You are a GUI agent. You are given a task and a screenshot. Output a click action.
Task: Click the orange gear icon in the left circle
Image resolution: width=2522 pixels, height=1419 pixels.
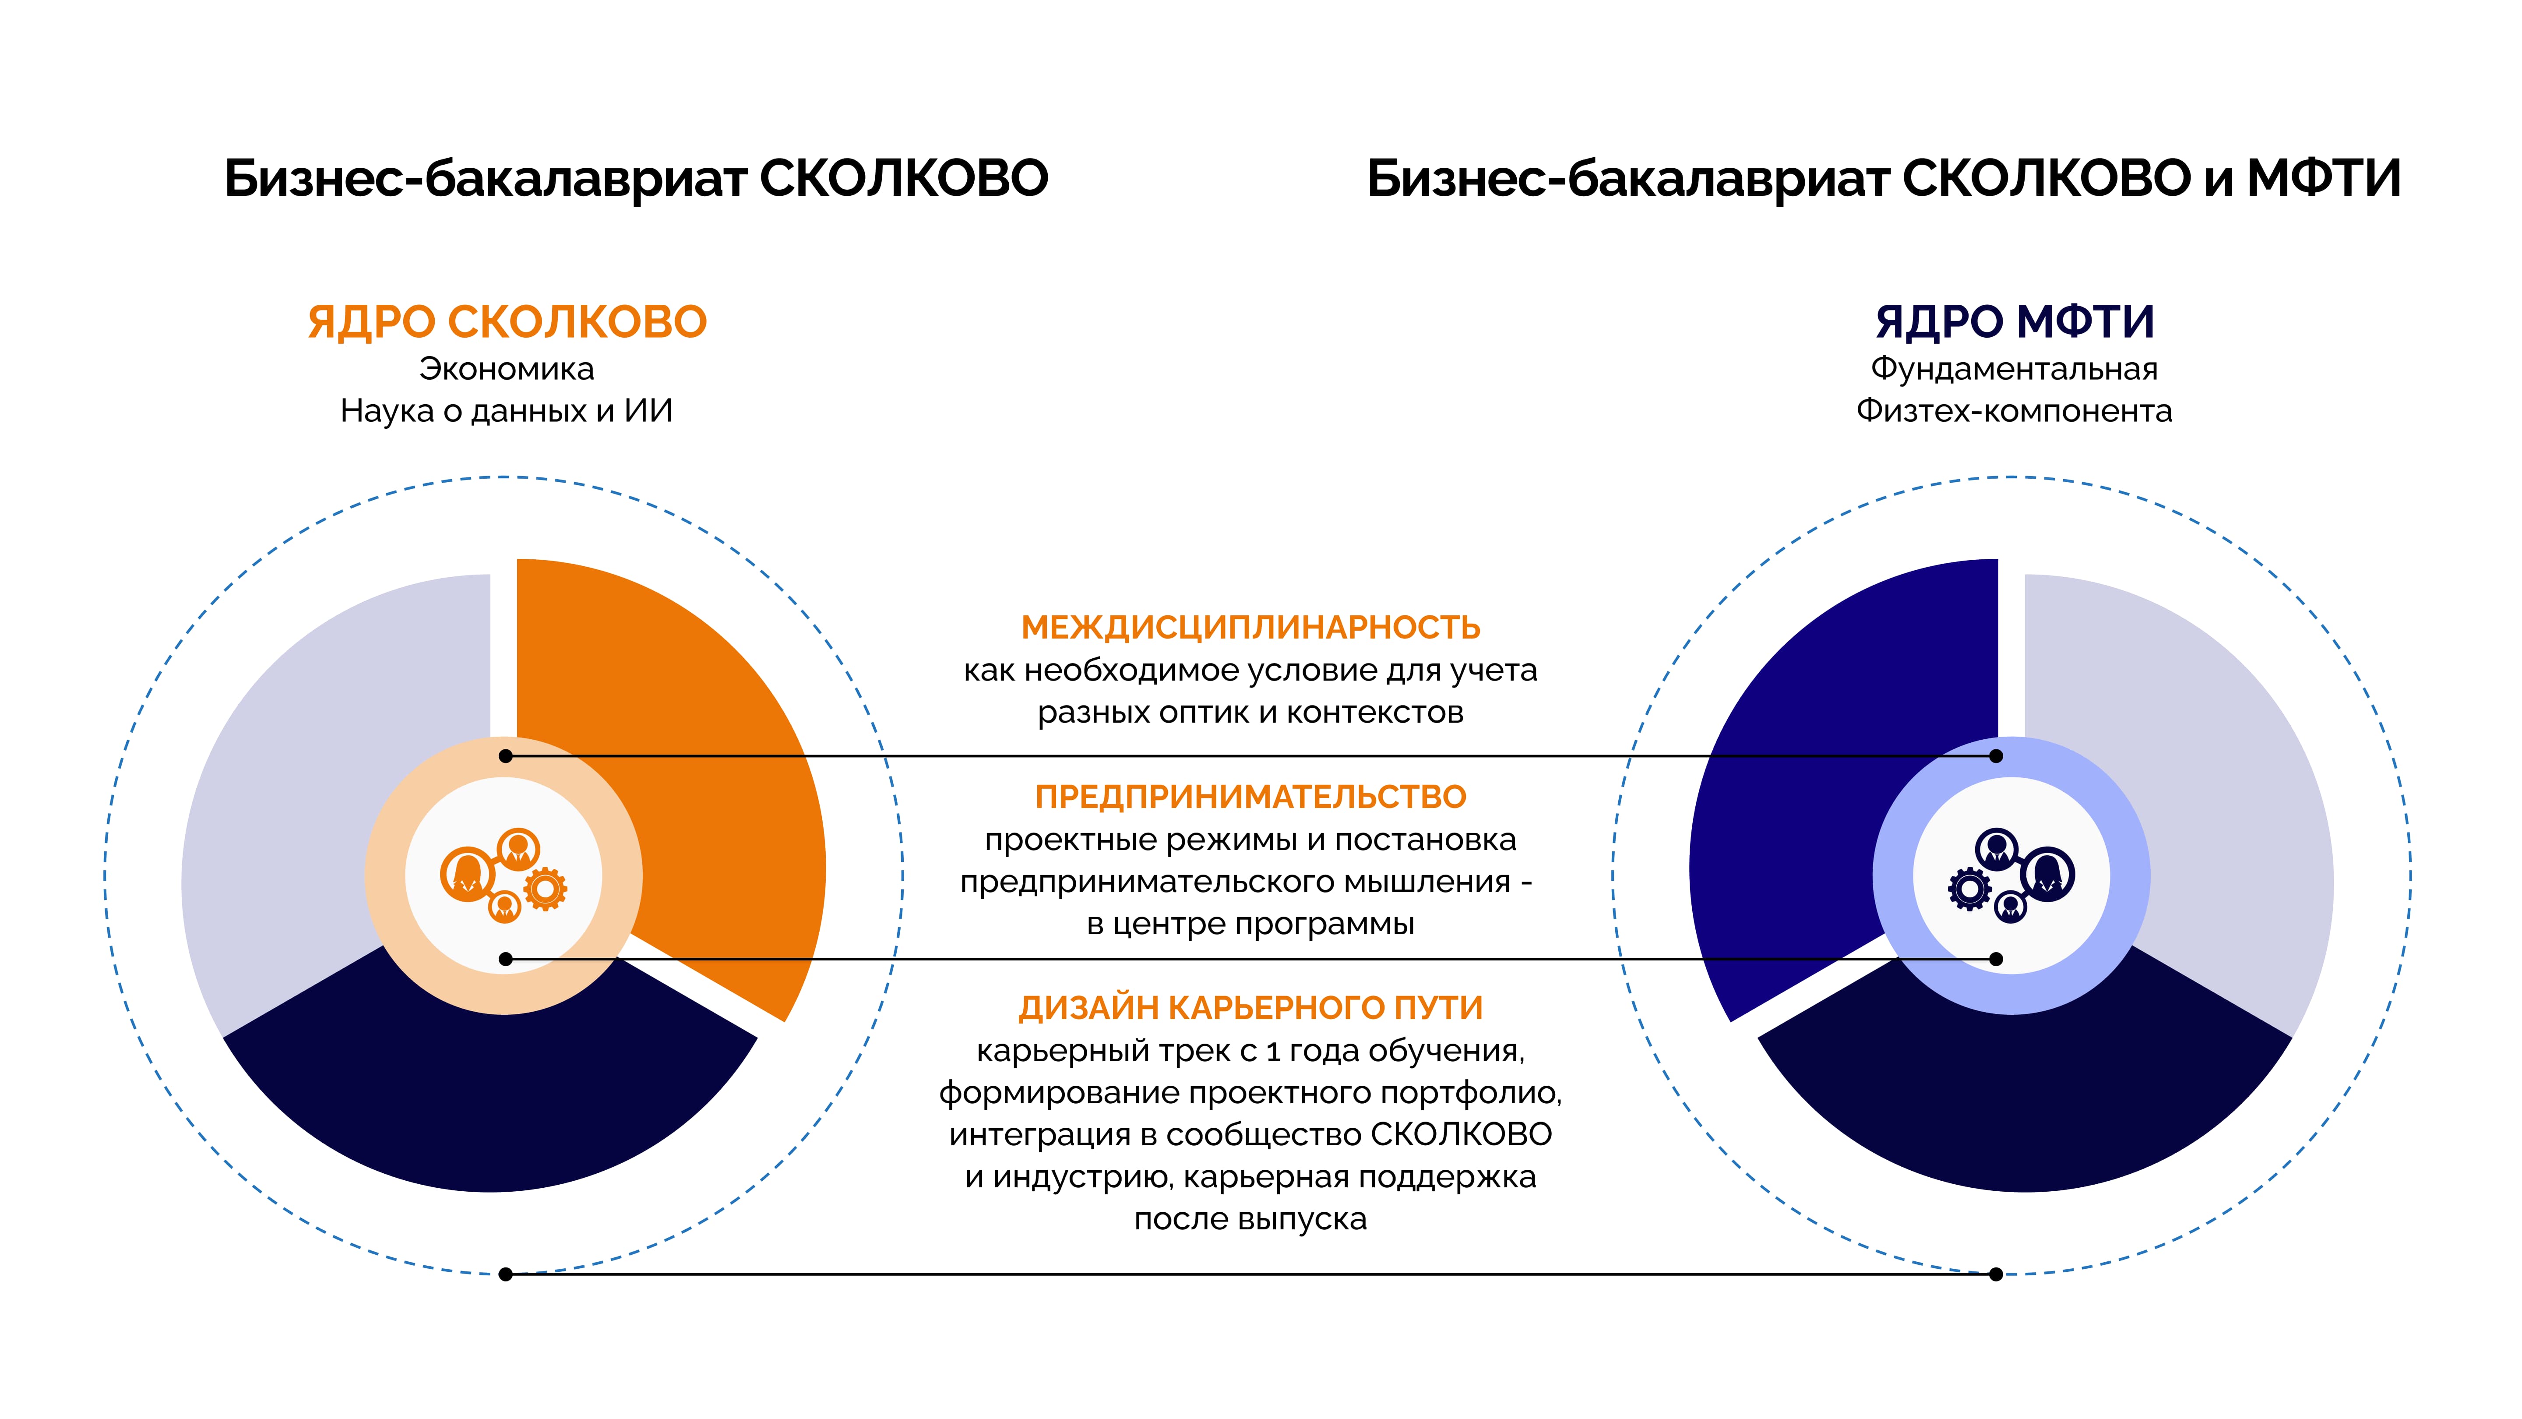[x=545, y=889]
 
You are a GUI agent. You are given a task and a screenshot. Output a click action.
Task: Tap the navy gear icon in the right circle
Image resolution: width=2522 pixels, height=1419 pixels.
[x=1970, y=889]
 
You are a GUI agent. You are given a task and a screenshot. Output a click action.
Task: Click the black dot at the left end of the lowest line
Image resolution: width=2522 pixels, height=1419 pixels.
[x=505, y=1274]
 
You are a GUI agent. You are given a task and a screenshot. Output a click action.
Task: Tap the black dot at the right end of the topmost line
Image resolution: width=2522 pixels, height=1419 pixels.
[x=1996, y=756]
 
